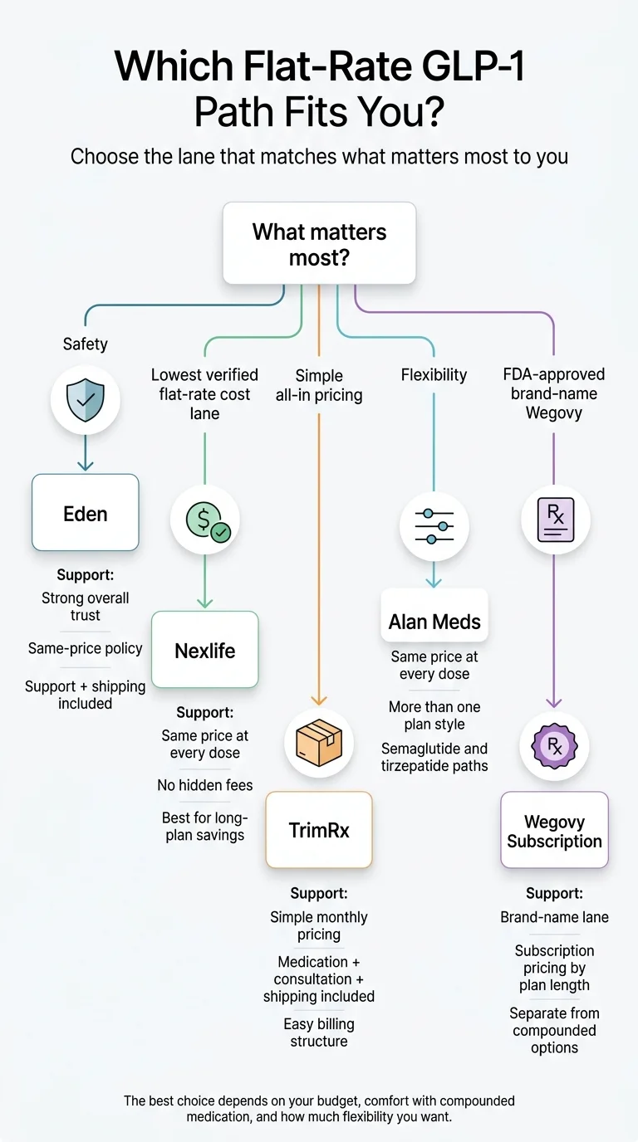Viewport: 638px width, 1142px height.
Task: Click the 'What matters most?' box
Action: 319,243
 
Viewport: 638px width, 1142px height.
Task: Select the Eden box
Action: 86,513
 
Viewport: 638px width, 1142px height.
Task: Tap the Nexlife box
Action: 204,651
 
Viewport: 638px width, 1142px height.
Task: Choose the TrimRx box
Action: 319,830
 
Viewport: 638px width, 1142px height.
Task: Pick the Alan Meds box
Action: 434,621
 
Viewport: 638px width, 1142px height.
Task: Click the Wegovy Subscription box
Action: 554,831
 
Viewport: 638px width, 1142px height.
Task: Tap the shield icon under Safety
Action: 86,401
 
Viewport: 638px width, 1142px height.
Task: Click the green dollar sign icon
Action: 204,520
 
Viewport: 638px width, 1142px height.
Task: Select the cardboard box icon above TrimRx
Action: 319,741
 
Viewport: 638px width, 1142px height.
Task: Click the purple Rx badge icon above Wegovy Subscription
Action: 554,745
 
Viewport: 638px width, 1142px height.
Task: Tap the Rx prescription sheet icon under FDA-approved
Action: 554,521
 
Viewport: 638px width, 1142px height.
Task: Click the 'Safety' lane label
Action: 86,344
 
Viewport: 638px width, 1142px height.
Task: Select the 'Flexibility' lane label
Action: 434,375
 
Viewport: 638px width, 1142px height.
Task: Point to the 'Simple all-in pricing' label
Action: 319,385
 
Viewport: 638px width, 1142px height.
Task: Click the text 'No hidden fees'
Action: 204,785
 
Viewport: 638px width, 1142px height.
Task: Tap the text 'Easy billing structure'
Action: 319,1032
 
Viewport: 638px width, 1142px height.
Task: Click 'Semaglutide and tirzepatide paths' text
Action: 434,757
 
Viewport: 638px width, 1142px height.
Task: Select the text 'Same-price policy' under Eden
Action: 86,648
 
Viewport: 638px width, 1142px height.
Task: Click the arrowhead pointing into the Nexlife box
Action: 204,604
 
